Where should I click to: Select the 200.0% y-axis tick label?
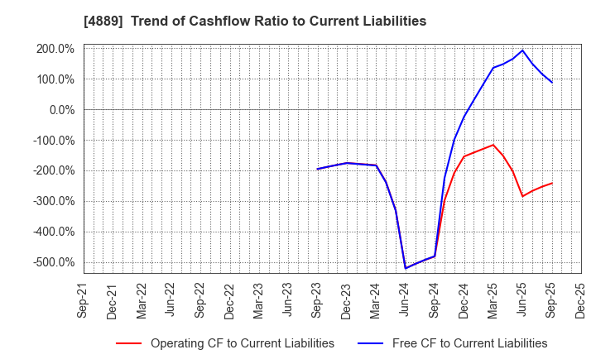click(x=55, y=49)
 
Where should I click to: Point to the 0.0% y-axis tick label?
click(x=60, y=110)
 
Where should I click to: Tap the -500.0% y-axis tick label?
click(x=53, y=262)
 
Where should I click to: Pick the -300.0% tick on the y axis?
click(x=53, y=201)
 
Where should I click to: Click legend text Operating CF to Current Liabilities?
click(x=243, y=343)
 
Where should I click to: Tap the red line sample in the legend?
click(x=128, y=343)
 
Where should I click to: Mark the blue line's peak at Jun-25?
click(x=522, y=50)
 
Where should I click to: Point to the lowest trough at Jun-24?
click(x=406, y=268)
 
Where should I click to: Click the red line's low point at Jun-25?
click(x=522, y=196)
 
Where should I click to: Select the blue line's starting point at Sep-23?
click(x=318, y=169)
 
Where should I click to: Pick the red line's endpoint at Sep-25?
click(x=552, y=183)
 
